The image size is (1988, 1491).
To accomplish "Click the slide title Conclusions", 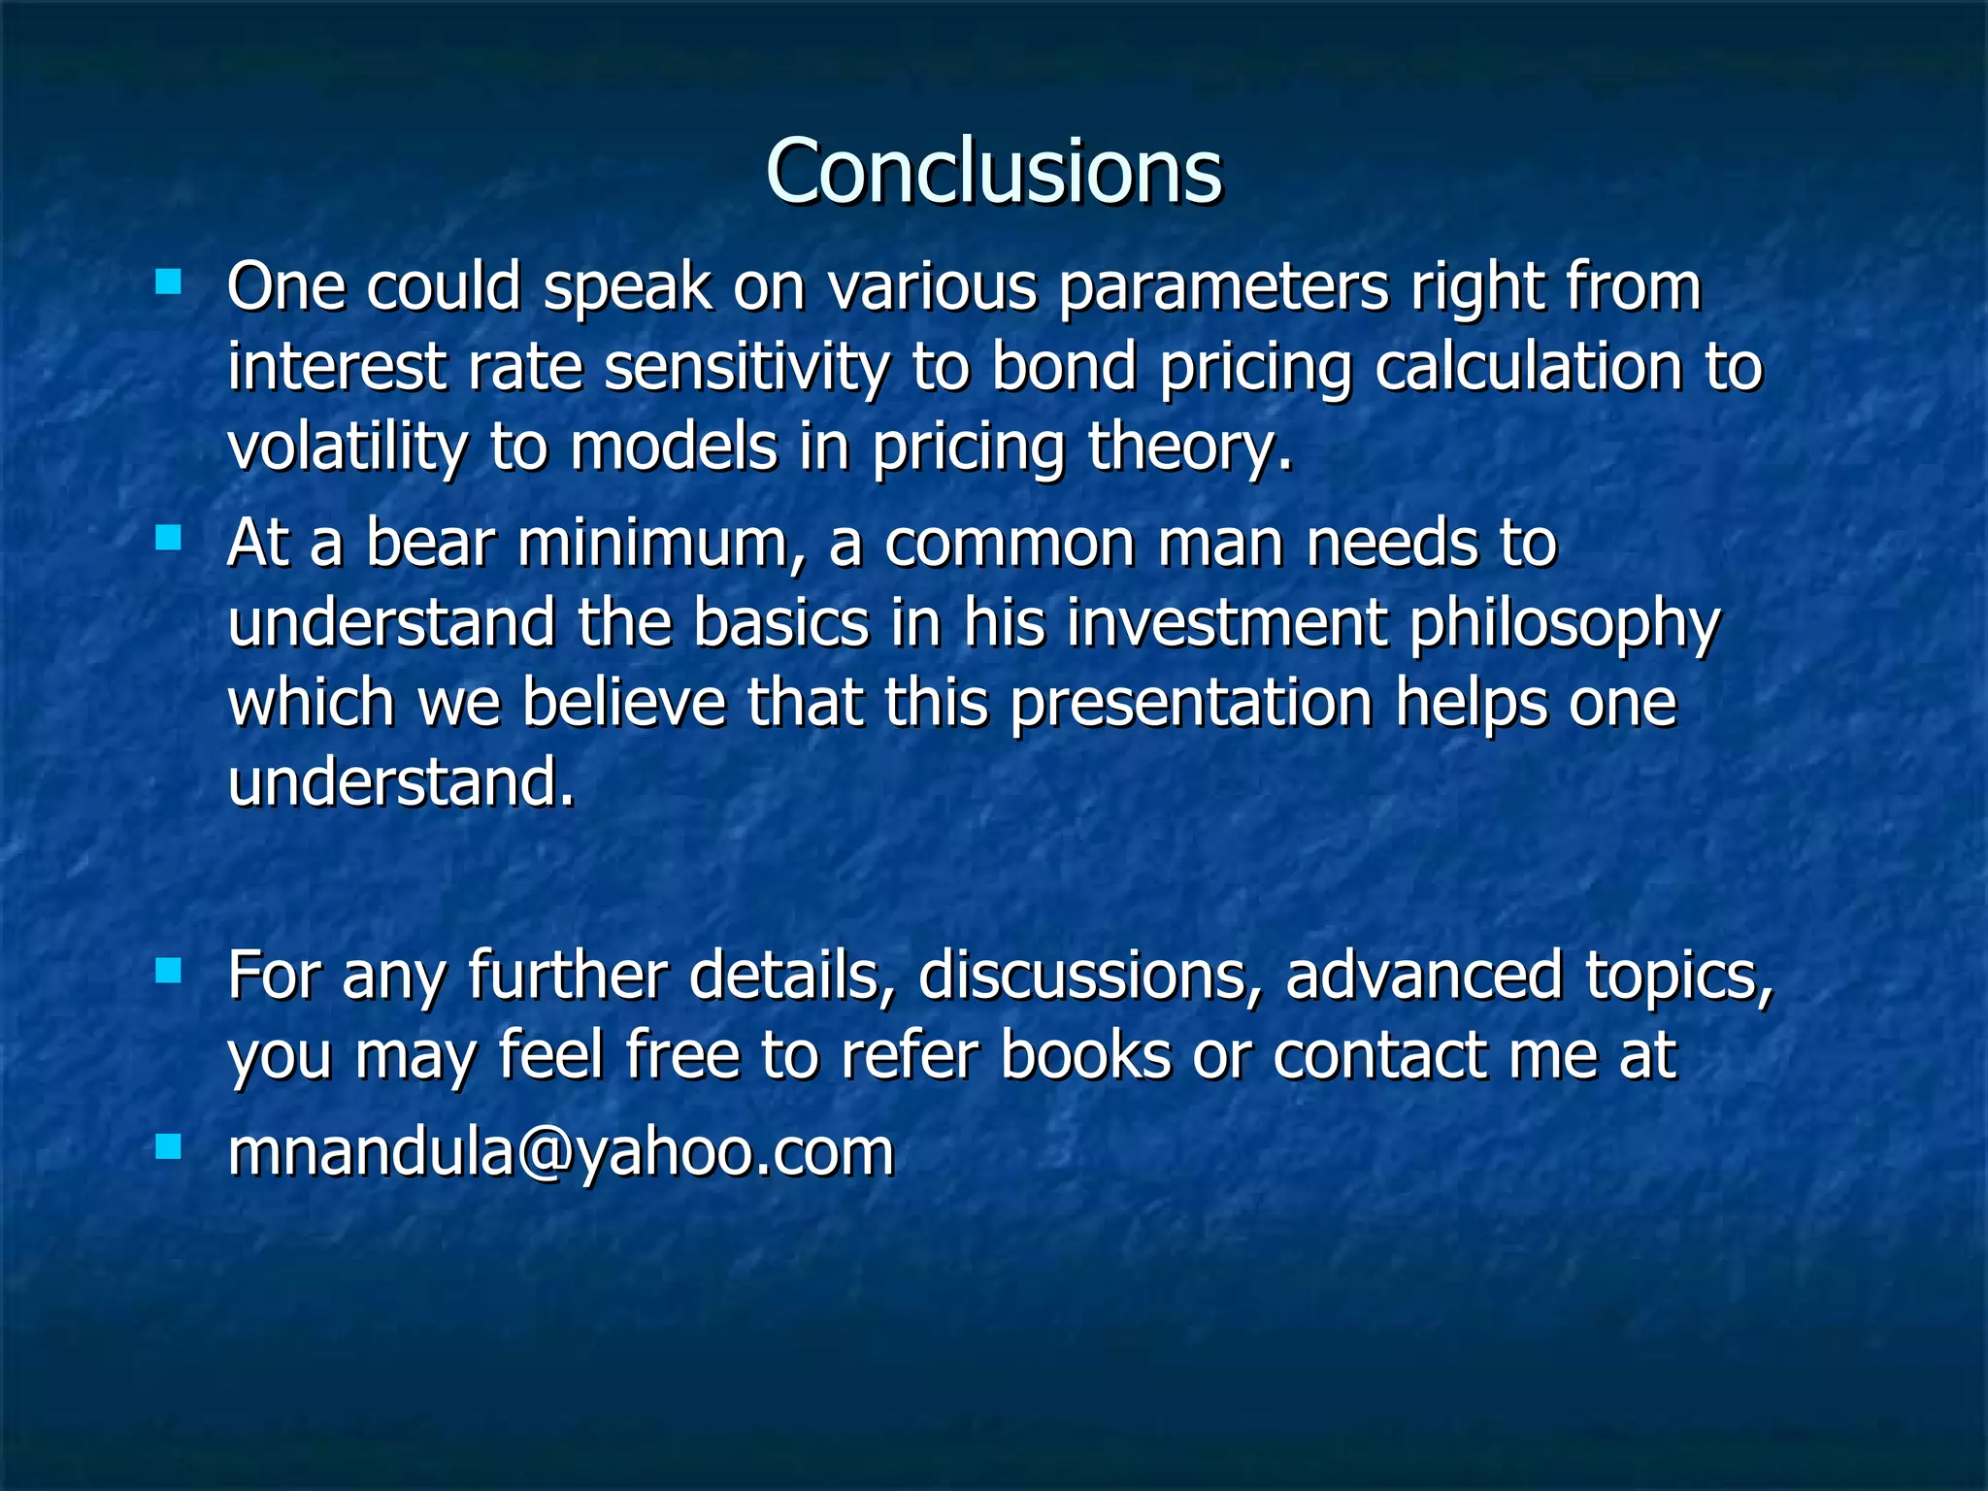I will point(993,171).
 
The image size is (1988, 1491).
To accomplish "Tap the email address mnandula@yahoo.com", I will point(560,1151).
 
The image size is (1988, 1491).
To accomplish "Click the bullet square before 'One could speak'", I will point(168,282).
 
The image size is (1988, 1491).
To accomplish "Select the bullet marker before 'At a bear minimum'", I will point(168,538).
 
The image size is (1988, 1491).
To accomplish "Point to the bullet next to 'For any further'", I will point(168,971).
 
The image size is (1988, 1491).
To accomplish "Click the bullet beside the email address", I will point(168,1148).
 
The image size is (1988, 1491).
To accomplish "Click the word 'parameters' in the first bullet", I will point(1223,288).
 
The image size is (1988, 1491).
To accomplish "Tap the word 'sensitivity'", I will point(745,368).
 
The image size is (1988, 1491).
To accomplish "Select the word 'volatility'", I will point(347,447).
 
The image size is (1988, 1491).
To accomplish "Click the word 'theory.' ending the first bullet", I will point(1190,447).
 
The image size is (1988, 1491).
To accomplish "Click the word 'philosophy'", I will point(1564,624).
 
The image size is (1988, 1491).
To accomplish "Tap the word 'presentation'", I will point(1190,704).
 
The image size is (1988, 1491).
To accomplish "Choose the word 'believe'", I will point(623,704).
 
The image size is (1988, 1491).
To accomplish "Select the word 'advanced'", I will point(1423,977).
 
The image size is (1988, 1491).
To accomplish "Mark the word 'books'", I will point(1085,1055).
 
